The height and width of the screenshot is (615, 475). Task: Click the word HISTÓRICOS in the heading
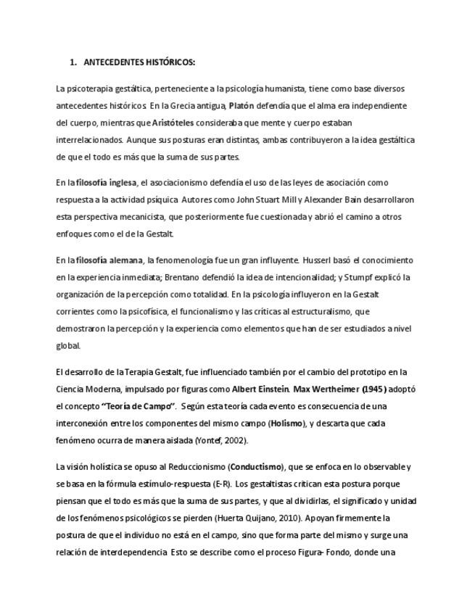click(170, 62)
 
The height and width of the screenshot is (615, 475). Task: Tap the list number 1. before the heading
click(73, 62)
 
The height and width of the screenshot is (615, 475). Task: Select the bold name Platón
click(241, 106)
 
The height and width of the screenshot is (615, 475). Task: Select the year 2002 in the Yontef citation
click(237, 440)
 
